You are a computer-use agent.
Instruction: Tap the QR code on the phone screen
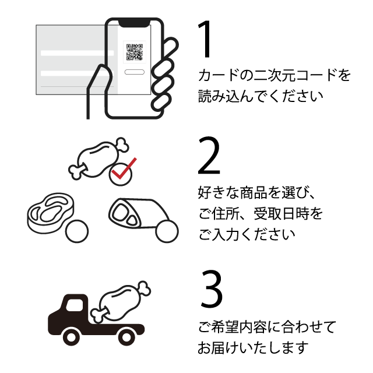tap(135, 51)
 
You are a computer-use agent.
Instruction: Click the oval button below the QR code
tap(135, 72)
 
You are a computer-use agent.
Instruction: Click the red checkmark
tap(123, 169)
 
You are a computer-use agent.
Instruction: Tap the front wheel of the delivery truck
tap(72, 336)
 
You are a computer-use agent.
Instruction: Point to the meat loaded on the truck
tap(121, 300)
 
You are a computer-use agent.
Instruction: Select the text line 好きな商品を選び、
tap(260, 192)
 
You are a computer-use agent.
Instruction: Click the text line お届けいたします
tap(252, 348)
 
